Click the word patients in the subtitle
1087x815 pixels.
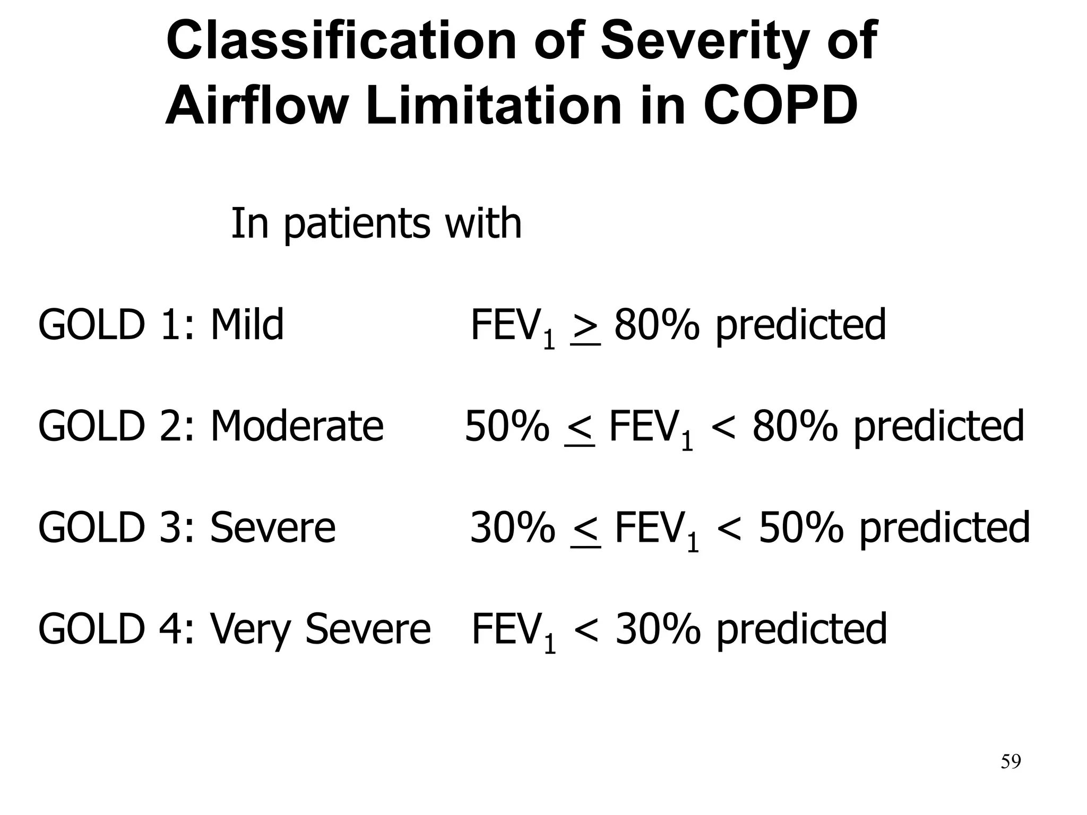[x=356, y=224]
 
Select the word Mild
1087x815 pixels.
[x=247, y=325]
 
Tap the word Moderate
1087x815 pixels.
[x=297, y=426]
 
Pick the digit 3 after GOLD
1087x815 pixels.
[x=169, y=528]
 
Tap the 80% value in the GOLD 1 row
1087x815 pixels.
[x=657, y=325]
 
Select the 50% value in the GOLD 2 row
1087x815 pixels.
[x=507, y=426]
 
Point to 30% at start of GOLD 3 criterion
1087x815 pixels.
[x=513, y=528]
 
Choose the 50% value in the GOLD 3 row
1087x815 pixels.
[x=801, y=528]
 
